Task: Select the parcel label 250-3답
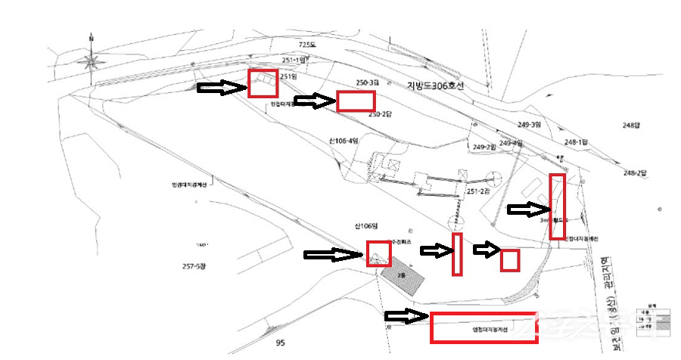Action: point(367,82)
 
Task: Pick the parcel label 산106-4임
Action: point(343,141)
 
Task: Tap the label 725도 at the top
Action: point(306,45)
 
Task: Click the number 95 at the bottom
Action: point(280,343)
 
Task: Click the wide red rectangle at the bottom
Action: point(484,327)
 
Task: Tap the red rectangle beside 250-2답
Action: point(356,101)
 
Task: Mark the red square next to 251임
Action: point(263,82)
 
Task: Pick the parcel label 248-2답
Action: point(635,173)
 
